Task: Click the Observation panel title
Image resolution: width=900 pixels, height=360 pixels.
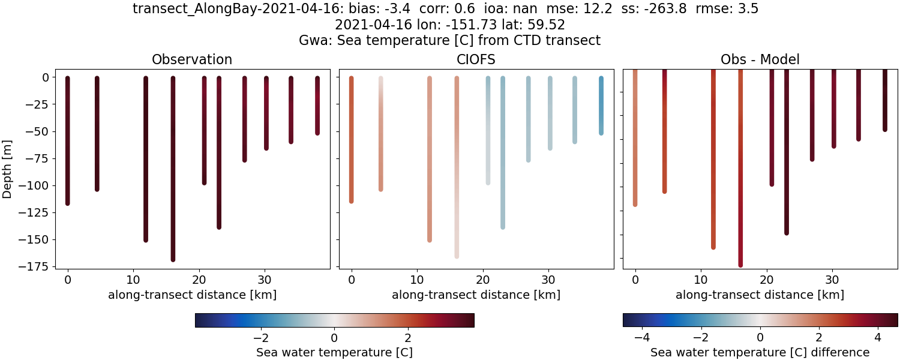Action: point(192,59)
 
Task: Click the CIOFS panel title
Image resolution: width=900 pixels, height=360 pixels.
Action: point(476,59)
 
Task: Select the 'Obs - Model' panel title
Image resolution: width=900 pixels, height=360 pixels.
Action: point(760,59)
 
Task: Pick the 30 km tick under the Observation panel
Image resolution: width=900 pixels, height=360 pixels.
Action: point(265,280)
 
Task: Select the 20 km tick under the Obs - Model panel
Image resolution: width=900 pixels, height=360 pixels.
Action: point(766,280)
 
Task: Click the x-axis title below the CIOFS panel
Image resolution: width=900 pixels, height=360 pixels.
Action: point(476,295)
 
